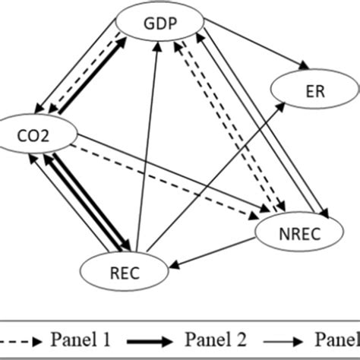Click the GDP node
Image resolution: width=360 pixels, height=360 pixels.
tap(160, 23)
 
